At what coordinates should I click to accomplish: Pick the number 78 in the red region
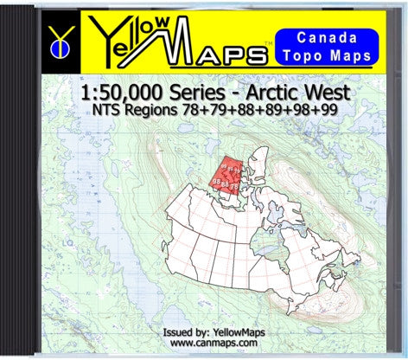tap(235, 185)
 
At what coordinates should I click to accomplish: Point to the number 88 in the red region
tap(226, 183)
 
